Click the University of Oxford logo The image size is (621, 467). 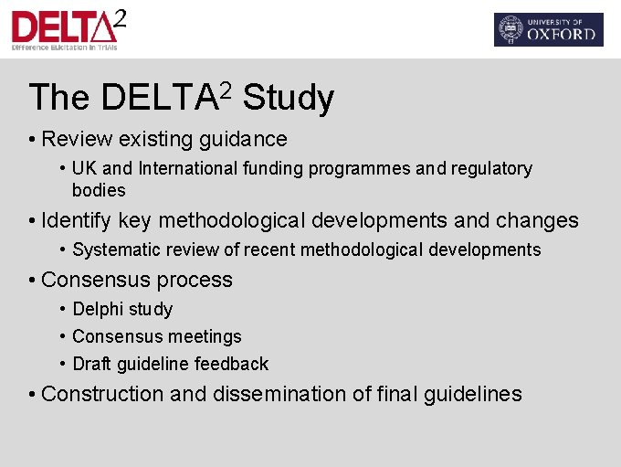coord(548,29)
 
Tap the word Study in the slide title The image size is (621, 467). coord(289,98)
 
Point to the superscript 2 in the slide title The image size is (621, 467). coord(226,88)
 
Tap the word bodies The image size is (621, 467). coord(99,190)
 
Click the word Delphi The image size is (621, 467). coord(97,309)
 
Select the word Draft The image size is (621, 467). coord(91,364)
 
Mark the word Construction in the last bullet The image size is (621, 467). coord(102,394)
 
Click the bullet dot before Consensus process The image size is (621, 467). coord(32,281)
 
